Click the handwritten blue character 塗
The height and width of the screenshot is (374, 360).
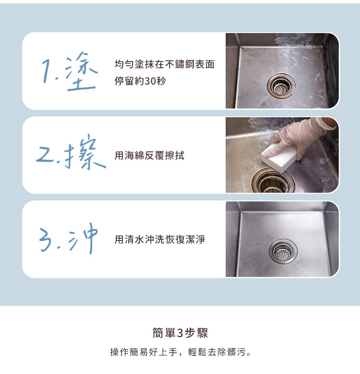[81, 72]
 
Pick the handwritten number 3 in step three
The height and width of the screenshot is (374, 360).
[45, 240]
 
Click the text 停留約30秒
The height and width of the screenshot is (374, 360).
[140, 81]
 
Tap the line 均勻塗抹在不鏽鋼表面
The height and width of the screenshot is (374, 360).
[164, 64]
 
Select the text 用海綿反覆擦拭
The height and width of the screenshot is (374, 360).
[149, 156]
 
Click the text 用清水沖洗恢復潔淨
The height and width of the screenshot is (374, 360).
[159, 239]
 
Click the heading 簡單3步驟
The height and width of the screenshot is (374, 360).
[180, 333]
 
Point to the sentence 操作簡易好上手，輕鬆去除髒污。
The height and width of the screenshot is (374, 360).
[180, 352]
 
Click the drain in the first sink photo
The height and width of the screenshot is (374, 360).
[281, 85]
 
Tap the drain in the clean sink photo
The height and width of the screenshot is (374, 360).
[283, 251]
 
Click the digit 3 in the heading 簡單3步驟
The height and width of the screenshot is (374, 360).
[180, 333]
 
